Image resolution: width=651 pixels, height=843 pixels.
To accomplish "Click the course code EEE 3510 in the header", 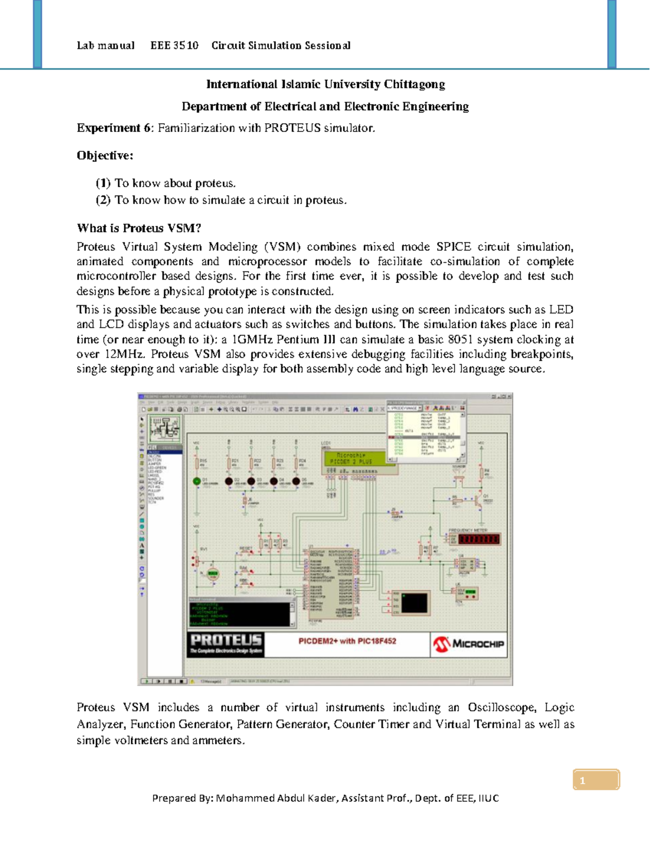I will point(174,46).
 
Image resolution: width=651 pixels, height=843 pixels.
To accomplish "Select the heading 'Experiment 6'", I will point(114,128).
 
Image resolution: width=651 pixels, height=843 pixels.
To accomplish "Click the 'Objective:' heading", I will point(105,156).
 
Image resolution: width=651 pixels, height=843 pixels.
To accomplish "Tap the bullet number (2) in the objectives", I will point(103,200).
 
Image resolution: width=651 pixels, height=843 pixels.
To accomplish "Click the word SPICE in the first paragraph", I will point(454,247).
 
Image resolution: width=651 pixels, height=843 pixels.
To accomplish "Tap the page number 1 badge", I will point(596,781).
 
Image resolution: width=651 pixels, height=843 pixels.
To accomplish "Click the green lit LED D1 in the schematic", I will point(197,481).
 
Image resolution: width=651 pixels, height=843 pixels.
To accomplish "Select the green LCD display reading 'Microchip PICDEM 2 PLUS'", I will point(351,459).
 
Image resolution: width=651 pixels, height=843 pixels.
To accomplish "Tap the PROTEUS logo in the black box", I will point(226,644).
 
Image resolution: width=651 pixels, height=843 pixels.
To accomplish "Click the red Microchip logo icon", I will point(442,644).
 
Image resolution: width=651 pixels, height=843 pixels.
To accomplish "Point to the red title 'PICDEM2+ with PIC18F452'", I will point(347,641).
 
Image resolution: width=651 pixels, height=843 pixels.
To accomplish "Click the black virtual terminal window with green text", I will point(240,614).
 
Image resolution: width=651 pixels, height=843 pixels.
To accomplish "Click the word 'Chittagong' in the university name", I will point(414,85).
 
